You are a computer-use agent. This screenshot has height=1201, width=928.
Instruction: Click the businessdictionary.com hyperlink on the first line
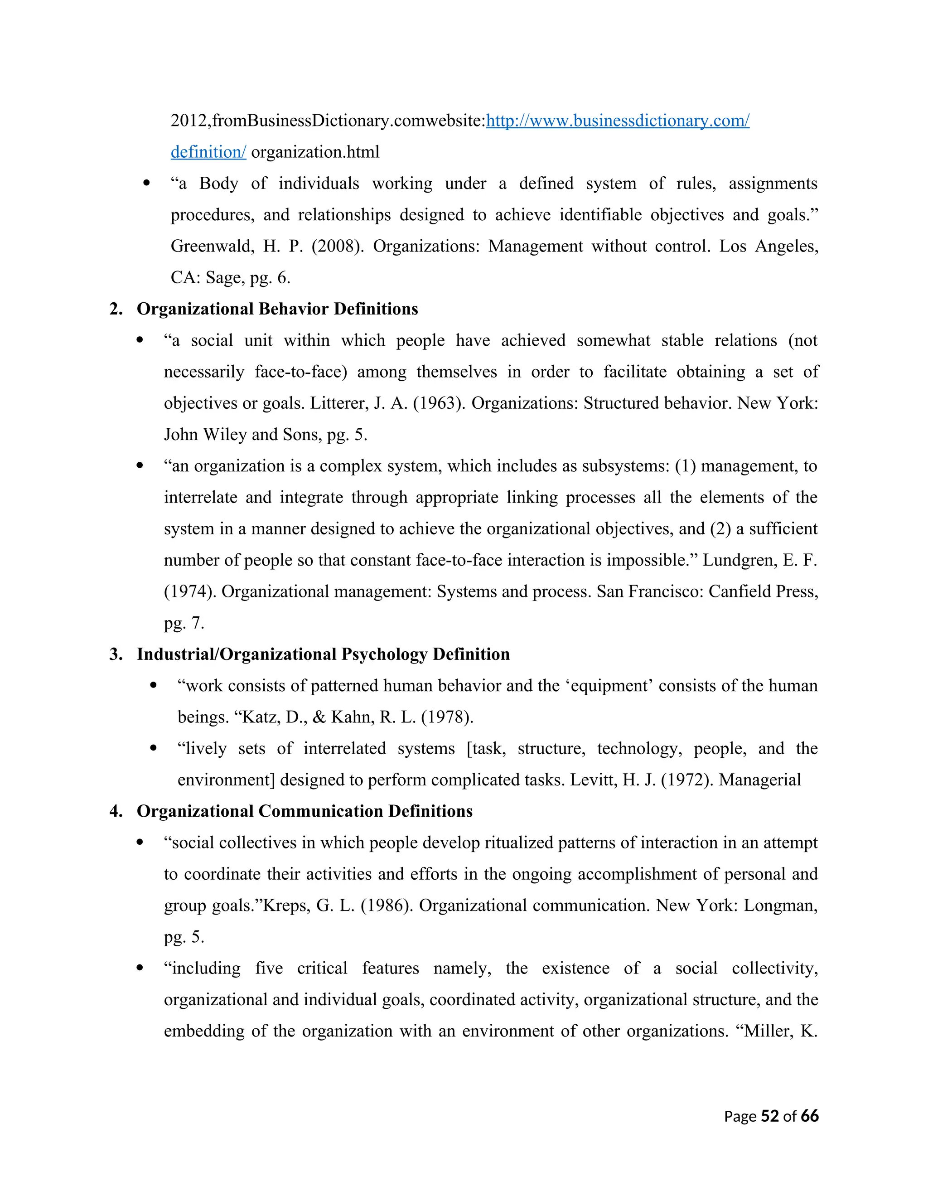[618, 121]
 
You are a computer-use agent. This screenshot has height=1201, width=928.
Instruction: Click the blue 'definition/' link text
[208, 152]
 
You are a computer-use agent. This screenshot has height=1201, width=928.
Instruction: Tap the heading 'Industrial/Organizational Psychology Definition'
[323, 654]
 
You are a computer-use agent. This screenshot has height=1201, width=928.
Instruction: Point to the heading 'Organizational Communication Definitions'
[304, 811]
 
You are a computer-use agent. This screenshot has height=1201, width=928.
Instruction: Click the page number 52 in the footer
[770, 1116]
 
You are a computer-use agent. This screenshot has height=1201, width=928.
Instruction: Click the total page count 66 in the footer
[809, 1116]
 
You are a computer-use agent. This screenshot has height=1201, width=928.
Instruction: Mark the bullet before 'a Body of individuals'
[146, 184]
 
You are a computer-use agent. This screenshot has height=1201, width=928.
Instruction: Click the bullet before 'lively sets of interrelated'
[154, 748]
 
